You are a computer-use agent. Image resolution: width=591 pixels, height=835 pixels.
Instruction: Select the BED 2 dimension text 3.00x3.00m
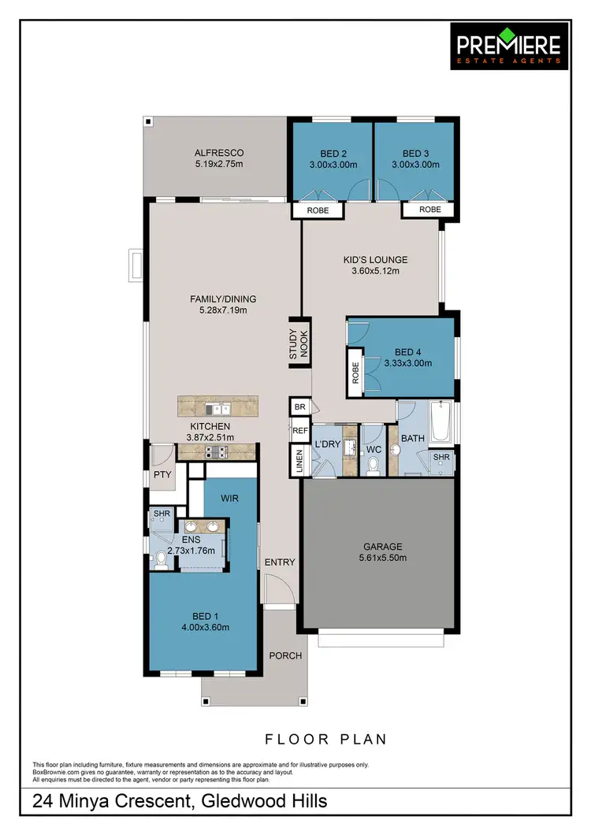coord(333,165)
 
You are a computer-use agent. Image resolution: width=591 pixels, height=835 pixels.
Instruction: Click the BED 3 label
coord(415,153)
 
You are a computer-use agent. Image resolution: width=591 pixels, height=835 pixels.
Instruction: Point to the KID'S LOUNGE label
coord(374,259)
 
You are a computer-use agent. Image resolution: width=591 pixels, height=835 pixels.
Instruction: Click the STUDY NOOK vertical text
coord(298,344)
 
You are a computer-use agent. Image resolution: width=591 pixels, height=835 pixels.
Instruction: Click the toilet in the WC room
coord(373,466)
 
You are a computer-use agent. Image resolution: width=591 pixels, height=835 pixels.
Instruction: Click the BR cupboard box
coord(299,407)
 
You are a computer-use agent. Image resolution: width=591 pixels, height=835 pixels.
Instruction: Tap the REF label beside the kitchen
coord(299,431)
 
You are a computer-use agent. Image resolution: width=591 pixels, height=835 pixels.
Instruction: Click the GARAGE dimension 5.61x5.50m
coord(382,559)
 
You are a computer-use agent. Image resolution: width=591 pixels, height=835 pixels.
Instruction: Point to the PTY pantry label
coord(162,475)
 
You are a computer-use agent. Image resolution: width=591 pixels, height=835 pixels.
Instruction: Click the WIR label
coord(230,499)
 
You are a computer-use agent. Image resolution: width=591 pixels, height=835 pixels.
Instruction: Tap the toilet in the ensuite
coord(160,560)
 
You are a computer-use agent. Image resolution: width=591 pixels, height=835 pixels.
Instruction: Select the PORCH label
coord(285,655)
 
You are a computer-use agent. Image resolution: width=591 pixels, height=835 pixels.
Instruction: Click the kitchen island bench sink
coord(216,408)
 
